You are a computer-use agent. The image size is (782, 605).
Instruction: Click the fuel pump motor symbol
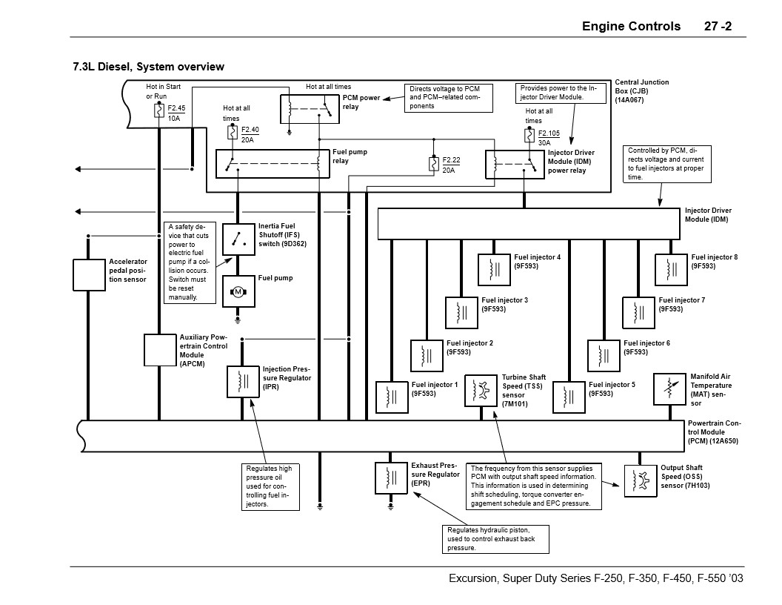(x=238, y=292)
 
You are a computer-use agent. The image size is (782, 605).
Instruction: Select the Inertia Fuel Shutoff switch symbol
(x=238, y=239)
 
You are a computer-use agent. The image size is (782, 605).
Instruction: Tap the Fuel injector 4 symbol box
(x=494, y=269)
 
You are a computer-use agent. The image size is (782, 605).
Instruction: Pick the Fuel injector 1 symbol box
(x=392, y=397)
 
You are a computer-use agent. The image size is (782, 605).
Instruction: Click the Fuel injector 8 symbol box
(x=671, y=269)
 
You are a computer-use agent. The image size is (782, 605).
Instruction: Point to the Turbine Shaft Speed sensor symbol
(x=481, y=390)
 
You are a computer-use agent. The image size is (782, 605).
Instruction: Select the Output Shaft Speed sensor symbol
(x=639, y=480)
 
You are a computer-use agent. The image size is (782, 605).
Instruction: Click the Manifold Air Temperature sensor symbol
(x=669, y=389)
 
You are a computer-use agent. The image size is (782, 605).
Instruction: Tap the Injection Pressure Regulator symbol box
(x=242, y=381)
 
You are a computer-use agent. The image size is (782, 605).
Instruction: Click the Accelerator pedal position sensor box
(x=89, y=274)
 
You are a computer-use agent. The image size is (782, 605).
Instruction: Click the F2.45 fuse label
(x=176, y=108)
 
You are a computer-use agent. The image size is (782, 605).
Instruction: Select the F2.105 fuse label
(x=549, y=133)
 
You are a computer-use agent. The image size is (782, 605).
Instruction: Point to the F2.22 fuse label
(x=452, y=161)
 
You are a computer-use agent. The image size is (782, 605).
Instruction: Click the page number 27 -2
(x=718, y=26)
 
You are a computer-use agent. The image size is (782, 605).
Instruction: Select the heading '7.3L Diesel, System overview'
(x=148, y=67)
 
